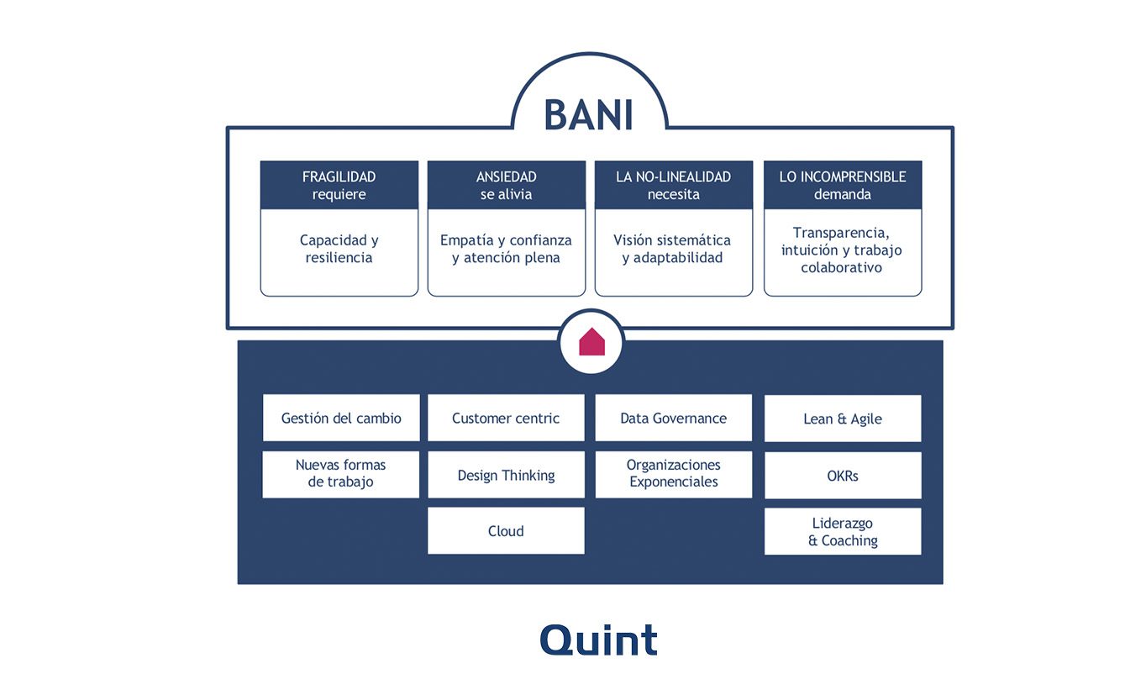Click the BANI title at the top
point(588,114)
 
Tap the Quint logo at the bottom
point(598,640)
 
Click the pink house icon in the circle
point(591,341)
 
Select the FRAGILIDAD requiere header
point(339,185)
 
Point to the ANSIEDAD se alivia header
point(507,185)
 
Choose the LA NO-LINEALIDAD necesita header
point(674,185)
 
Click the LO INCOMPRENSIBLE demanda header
point(843,185)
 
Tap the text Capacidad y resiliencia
point(339,249)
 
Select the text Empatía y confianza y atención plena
point(506,249)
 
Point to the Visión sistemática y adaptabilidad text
point(672,249)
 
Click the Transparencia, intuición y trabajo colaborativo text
point(842,250)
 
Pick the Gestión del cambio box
point(341,418)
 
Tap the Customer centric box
point(506,418)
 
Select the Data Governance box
point(674,418)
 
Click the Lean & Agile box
point(843,419)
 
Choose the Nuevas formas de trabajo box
point(341,475)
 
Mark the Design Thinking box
point(506,475)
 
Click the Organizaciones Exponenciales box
point(674,475)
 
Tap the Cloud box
point(506,531)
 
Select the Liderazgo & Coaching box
point(843,531)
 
